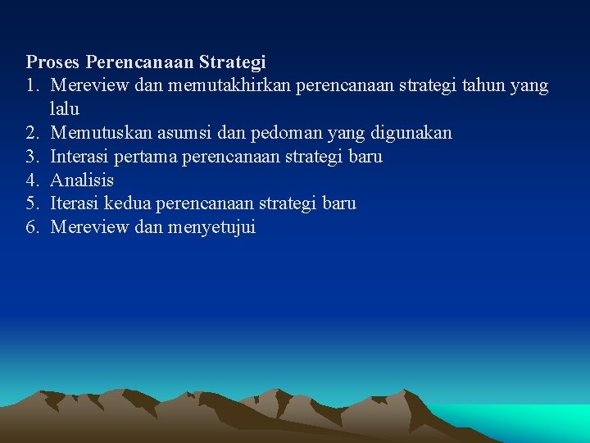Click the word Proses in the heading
coord(53,62)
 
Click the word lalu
coord(65,109)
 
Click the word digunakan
coord(411,133)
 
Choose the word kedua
coord(129,203)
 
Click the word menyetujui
coord(211,227)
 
